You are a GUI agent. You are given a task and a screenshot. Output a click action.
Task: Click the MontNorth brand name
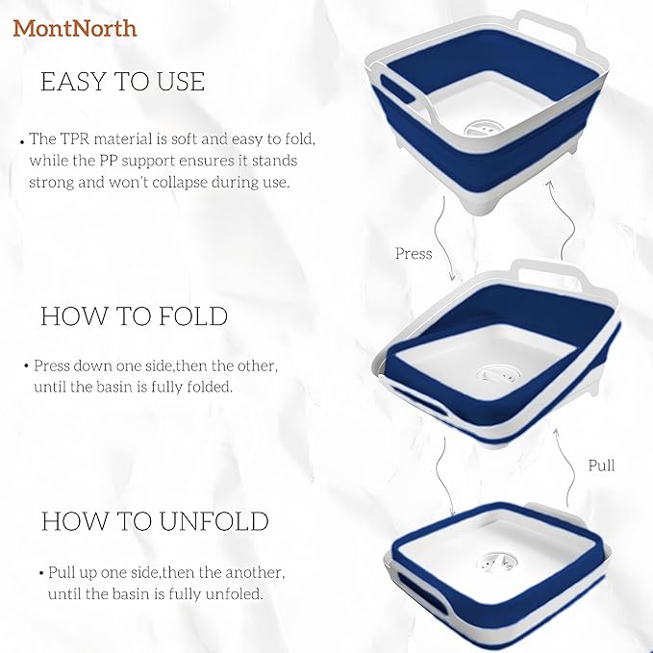(x=75, y=28)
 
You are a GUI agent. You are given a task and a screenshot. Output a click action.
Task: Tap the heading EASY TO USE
(x=122, y=82)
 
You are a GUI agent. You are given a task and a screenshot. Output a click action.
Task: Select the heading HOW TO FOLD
(x=134, y=315)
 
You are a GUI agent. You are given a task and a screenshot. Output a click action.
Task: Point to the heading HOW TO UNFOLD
(x=154, y=521)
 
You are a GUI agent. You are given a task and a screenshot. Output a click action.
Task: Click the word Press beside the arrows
(x=414, y=254)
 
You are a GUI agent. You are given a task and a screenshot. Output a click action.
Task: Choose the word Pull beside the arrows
(x=601, y=465)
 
